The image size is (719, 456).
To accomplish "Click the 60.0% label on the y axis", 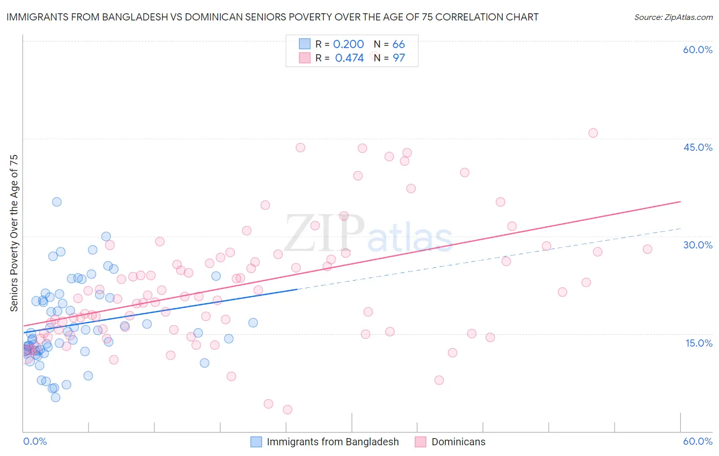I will pyautogui.click(x=698, y=50).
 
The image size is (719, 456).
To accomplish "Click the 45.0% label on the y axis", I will pyautogui.click(x=698, y=147).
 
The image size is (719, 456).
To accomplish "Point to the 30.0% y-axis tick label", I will pyautogui.click(x=698, y=245).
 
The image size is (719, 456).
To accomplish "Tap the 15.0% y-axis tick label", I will pyautogui.click(x=699, y=343).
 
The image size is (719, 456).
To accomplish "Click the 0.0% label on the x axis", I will pyautogui.click(x=35, y=441).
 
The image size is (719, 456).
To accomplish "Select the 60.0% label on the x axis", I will pyautogui.click(x=698, y=441).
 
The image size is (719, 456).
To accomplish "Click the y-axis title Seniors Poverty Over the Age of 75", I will pyautogui.click(x=14, y=233).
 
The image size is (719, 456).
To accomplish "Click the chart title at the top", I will pyautogui.click(x=272, y=17).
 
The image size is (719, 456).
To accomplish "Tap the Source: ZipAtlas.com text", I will pyautogui.click(x=673, y=17).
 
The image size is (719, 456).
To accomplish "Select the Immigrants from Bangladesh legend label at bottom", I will pyautogui.click(x=332, y=442).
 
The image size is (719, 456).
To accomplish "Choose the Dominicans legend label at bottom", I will pyautogui.click(x=458, y=442).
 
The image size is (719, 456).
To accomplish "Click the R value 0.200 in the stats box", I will pyautogui.click(x=348, y=44).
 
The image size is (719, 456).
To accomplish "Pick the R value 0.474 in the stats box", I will pyautogui.click(x=349, y=58).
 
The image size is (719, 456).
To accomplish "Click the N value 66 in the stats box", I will pyautogui.click(x=398, y=44).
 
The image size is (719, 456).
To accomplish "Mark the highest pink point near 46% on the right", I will pyautogui.click(x=593, y=133).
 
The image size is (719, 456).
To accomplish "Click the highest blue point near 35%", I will pyautogui.click(x=57, y=202).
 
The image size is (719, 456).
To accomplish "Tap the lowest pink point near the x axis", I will pyautogui.click(x=287, y=409).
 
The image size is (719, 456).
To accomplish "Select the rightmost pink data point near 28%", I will pyautogui.click(x=647, y=249).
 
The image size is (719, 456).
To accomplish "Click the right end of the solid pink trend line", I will pyautogui.click(x=680, y=201).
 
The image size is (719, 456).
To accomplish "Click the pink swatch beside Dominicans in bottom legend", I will pyautogui.click(x=420, y=442).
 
